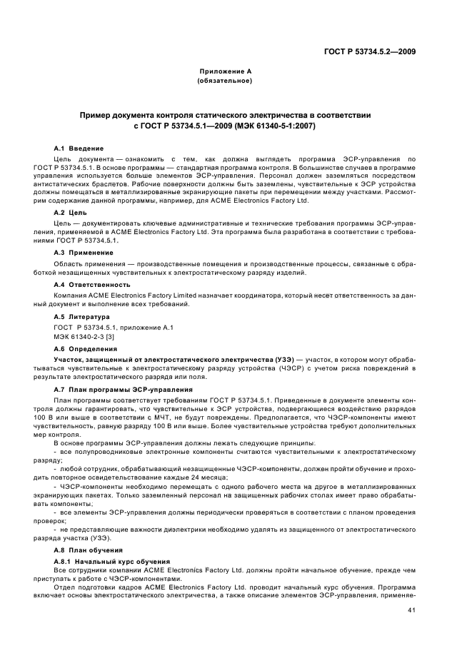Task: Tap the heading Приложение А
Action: tap(224, 71)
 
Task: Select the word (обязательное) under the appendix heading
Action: tap(224, 81)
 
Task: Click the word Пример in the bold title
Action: tap(98, 114)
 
